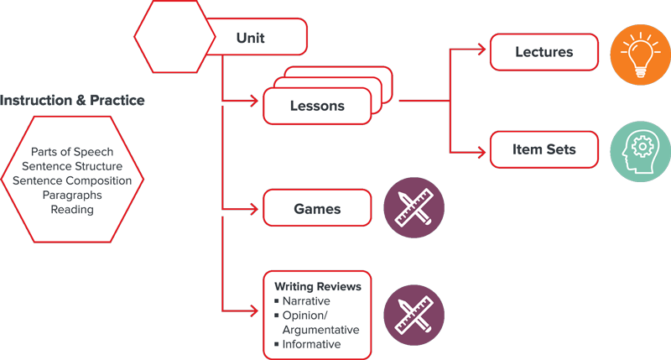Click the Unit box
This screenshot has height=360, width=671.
(x=251, y=37)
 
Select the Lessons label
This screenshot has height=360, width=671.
(x=317, y=107)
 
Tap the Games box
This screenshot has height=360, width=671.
(x=317, y=208)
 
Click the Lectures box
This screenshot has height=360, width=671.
(x=544, y=52)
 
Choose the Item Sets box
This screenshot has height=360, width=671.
(x=544, y=150)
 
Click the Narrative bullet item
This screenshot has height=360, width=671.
(x=305, y=301)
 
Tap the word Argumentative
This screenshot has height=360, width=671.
(x=320, y=330)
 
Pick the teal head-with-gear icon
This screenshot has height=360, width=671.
(x=641, y=151)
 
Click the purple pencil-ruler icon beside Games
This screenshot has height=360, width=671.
(x=414, y=208)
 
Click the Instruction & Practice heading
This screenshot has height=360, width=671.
(x=72, y=101)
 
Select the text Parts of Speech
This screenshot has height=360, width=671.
(x=72, y=152)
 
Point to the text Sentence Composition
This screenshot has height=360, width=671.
(x=72, y=180)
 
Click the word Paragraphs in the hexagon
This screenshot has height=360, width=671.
(x=72, y=195)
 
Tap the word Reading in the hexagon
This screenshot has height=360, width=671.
(x=72, y=209)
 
